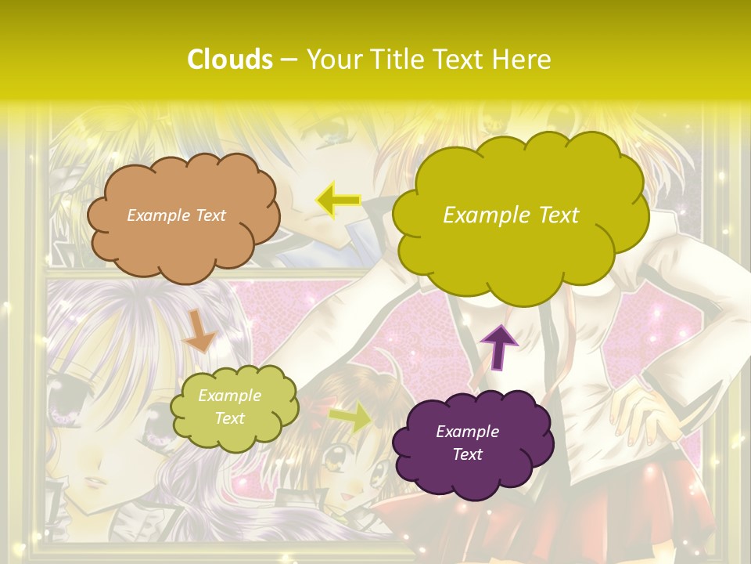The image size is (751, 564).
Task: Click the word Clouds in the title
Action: (230, 60)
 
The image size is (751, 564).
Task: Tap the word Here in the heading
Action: (523, 60)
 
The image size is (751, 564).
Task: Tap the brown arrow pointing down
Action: (200, 331)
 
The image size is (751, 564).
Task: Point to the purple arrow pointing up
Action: (499, 345)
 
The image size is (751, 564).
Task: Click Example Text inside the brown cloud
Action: (176, 215)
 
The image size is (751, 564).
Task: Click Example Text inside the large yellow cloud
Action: (511, 215)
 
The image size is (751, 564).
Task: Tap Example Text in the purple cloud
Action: (467, 443)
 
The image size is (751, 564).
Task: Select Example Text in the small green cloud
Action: (229, 407)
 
